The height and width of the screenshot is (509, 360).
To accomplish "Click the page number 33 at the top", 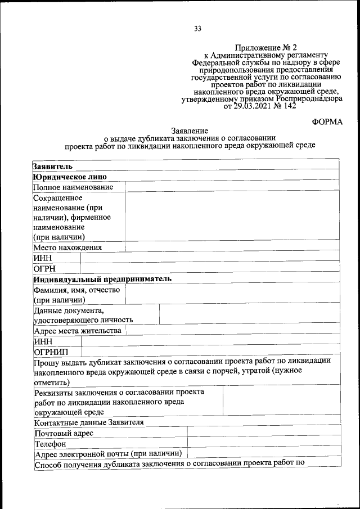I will click(x=197, y=29).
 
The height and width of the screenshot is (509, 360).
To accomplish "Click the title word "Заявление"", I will click(x=189, y=130).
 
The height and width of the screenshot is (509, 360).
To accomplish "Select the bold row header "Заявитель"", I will click(x=52, y=166).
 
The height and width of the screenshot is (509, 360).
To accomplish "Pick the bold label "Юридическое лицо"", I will click(x=70, y=177).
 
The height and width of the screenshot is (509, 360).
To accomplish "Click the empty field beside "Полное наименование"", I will click(x=232, y=187).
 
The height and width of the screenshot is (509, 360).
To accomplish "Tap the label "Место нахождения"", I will click(x=67, y=247).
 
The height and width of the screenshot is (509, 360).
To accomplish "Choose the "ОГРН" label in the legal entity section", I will click(x=45, y=268).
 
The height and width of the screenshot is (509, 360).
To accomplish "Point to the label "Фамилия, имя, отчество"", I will click(x=77, y=290).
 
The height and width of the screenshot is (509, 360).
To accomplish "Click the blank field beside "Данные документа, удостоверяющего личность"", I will click(x=249, y=314).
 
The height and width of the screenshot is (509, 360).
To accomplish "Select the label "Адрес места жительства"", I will click(x=78, y=331).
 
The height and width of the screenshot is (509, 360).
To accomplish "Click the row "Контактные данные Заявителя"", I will click(x=89, y=422).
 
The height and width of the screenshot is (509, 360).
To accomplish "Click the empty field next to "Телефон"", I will click(x=263, y=444).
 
